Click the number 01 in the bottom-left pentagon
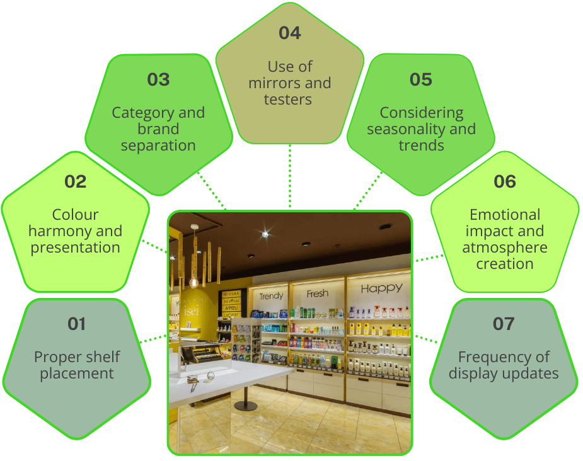tap(76, 324)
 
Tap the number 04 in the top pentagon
tap(289, 33)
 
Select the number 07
tap(504, 324)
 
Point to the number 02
tap(75, 181)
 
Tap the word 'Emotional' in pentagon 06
tap(505, 215)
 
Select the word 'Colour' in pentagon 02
tap(75, 215)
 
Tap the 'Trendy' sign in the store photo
tap(271, 295)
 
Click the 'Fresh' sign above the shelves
tap(318, 293)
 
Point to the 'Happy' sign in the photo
tap(381, 289)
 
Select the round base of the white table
tap(246, 406)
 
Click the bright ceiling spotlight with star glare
tap(265, 234)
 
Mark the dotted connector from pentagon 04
tap(290, 176)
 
